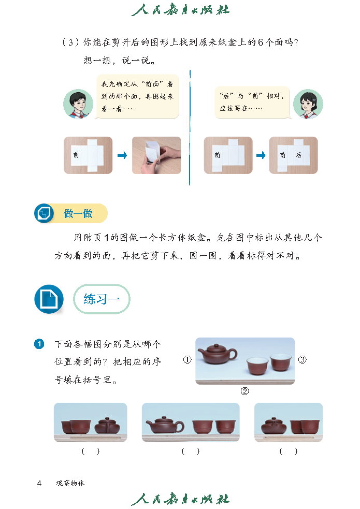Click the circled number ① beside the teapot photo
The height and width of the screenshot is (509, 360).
pos(188,360)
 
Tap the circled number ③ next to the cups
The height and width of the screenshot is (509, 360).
pos(302,360)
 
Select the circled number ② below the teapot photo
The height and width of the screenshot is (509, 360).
pos(245,391)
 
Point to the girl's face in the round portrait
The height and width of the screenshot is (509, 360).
pos(307,103)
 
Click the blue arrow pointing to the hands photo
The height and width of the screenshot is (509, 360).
pos(122,155)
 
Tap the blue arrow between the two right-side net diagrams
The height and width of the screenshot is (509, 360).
pos(261,155)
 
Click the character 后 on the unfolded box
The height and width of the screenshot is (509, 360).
pos(299,155)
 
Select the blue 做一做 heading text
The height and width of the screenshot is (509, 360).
pos(78,213)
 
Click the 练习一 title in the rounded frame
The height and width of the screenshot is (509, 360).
pos(102,299)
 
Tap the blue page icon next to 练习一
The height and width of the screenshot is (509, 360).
pos(49,299)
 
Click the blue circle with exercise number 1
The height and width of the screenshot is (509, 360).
pos(39,344)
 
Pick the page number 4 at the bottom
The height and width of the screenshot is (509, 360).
pos(39,483)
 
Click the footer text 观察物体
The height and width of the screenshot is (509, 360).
pos(70,483)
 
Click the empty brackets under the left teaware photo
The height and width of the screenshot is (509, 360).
pos(91,451)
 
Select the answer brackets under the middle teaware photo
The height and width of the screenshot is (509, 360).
pos(191,451)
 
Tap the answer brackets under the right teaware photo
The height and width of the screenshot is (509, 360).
pos(289,451)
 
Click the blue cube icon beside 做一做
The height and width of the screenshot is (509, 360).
pos(44,213)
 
